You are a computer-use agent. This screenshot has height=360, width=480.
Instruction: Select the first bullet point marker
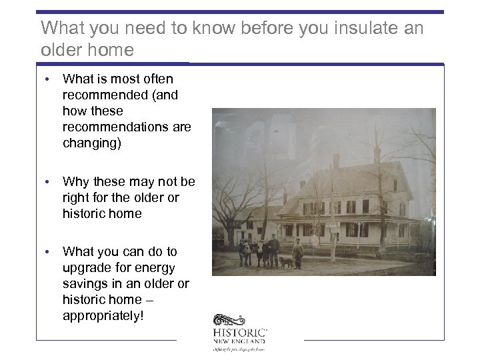[x=49, y=79]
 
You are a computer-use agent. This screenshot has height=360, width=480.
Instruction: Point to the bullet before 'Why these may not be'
[x=49, y=182]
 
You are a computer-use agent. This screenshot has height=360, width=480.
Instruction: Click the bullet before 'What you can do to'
[x=49, y=252]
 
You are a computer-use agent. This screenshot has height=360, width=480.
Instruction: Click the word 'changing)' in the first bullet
[x=92, y=143]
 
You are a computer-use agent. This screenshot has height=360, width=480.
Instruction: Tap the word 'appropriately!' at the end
[x=103, y=316]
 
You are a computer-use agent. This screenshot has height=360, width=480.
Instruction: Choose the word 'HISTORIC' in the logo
[x=241, y=332]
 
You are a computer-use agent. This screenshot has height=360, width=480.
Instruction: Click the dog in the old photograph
[x=286, y=262]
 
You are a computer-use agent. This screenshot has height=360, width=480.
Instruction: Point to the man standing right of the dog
[x=297, y=253]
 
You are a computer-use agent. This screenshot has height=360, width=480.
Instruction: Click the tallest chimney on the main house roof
[x=337, y=161]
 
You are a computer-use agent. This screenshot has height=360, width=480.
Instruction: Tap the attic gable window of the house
[x=395, y=185]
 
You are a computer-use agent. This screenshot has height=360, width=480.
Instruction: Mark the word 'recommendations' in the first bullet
[x=127, y=127]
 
